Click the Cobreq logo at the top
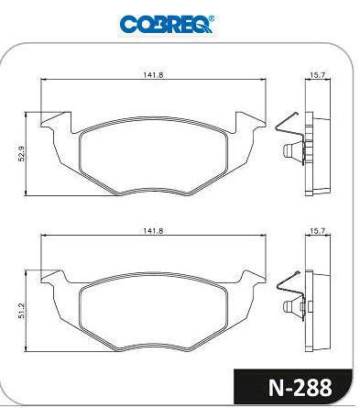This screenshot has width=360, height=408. click(167, 24)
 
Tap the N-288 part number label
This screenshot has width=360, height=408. click(300, 388)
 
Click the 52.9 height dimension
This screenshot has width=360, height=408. click(22, 154)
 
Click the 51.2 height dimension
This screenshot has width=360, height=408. click(22, 311)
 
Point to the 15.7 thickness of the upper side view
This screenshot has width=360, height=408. click(318, 74)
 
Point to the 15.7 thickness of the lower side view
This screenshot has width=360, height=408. click(318, 231)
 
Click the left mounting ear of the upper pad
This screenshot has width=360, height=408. click(57, 122)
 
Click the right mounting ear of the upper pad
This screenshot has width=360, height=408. click(250, 122)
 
